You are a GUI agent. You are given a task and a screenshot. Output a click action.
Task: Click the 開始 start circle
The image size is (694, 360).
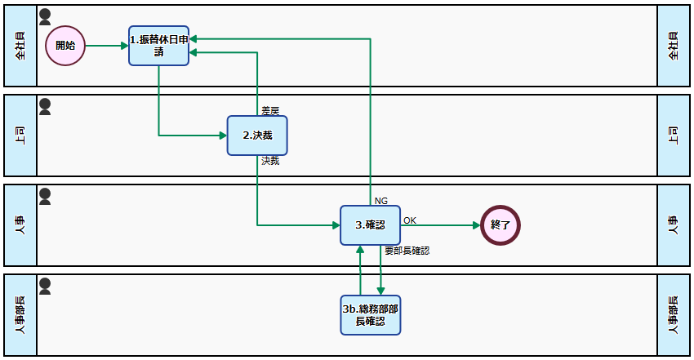pyautogui.click(x=65, y=46)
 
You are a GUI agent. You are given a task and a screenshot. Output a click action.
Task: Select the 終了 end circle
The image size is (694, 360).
pyautogui.click(x=500, y=224)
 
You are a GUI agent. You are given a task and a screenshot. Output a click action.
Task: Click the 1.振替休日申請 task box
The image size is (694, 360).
pyautogui.click(x=159, y=46)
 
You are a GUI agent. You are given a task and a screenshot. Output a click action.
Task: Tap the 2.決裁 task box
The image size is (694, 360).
pyautogui.click(x=257, y=136)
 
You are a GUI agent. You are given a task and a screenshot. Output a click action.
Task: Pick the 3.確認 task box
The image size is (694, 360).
pyautogui.click(x=370, y=225)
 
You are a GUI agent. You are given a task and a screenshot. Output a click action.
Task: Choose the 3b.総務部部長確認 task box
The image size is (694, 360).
pyautogui.click(x=370, y=315)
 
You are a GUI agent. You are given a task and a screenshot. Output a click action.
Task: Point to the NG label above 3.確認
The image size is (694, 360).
pyautogui.click(x=380, y=201)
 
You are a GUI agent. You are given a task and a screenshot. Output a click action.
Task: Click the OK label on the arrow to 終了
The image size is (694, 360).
pyautogui.click(x=410, y=220)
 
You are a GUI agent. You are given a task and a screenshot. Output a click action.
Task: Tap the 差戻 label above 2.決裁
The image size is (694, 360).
pyautogui.click(x=270, y=110)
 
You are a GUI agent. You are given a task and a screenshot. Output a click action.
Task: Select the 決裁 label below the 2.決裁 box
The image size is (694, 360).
pyautogui.click(x=270, y=162)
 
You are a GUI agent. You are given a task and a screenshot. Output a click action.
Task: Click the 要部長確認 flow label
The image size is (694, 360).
pyautogui.click(x=407, y=251)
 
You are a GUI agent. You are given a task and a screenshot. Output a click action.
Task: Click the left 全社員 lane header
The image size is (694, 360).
pyautogui.click(x=20, y=46)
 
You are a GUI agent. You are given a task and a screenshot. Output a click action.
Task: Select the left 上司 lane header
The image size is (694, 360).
pyautogui.click(x=20, y=136)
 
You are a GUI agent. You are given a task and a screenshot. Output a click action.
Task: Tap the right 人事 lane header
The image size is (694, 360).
pyautogui.click(x=674, y=225)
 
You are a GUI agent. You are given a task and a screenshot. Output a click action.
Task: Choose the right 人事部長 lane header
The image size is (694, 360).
pyautogui.click(x=674, y=315)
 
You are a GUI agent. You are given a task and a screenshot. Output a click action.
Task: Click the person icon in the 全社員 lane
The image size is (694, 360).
pyautogui.click(x=46, y=16)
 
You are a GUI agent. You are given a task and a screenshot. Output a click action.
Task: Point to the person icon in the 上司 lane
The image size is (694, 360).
pyautogui.click(x=46, y=106)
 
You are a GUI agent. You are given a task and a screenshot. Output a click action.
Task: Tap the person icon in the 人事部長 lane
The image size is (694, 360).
pyautogui.click(x=46, y=286)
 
